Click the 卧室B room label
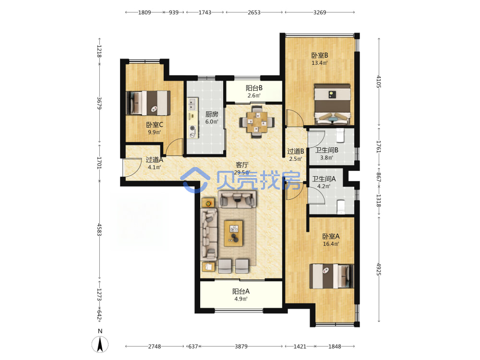click(320, 55)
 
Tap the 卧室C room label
click(154, 125)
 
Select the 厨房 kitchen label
click(212, 114)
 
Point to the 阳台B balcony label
click(254, 88)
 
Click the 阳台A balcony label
click(241, 291)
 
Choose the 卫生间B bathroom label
click(326, 150)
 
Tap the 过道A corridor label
click(154, 160)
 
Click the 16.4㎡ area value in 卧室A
click(331, 244)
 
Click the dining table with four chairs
click(257, 122)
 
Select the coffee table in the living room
click(234, 234)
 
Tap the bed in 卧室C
click(148, 103)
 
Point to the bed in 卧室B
click(333, 104)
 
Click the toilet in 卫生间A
click(341, 207)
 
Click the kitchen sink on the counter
click(192, 104)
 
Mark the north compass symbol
click(100, 344)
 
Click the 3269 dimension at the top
click(320, 12)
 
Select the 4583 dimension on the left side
click(99, 229)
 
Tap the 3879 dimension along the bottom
click(241, 347)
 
